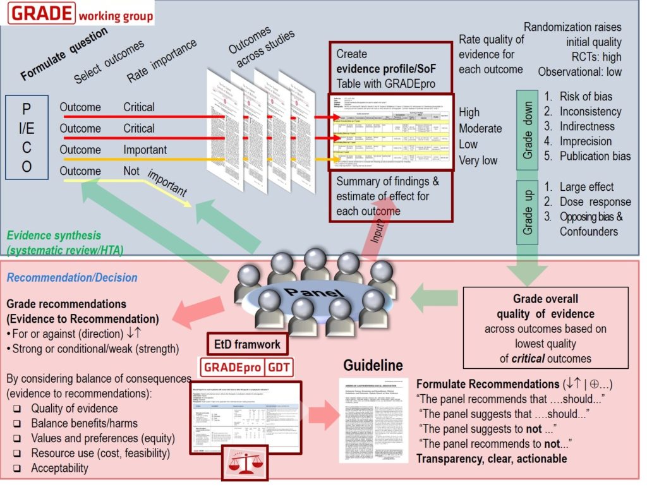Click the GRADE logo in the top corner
pos(80,13)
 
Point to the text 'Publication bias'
pos(594,156)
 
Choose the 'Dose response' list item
pos(595,202)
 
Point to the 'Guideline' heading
pos(373,365)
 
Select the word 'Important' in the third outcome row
pos(145,150)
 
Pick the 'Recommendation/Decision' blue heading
pos(71,277)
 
